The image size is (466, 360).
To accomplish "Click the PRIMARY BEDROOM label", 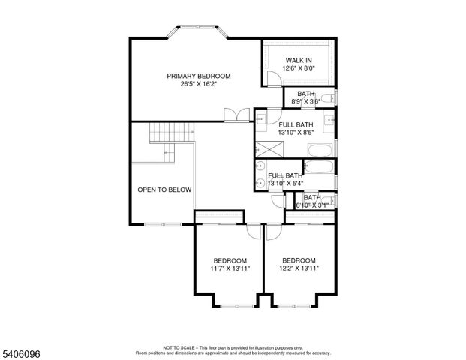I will [198, 76].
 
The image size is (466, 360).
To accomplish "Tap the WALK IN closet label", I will [298, 60].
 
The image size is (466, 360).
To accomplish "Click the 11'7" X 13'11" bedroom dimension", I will [230, 268].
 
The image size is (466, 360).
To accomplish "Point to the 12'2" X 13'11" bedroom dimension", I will [299, 268].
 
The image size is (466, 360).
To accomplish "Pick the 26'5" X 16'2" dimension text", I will [198, 85].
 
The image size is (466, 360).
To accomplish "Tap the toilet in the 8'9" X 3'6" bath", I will [329, 97].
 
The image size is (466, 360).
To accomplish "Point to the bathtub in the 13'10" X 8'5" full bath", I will [320, 148].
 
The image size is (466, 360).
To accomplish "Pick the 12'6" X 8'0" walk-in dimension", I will [298, 68].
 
